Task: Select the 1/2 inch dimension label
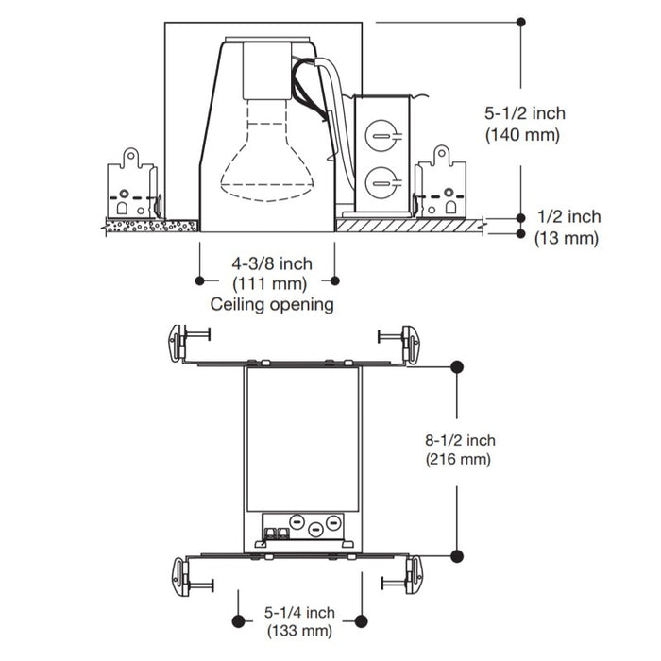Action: [568, 217]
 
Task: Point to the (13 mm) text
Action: [567, 239]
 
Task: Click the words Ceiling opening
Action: [272, 304]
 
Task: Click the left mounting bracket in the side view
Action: [130, 184]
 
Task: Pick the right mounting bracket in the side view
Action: [442, 183]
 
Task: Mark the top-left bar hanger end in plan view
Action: [179, 341]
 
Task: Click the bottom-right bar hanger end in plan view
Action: [411, 574]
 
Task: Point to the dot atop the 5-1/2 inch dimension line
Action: [522, 19]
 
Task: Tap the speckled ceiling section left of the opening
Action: [150, 226]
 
